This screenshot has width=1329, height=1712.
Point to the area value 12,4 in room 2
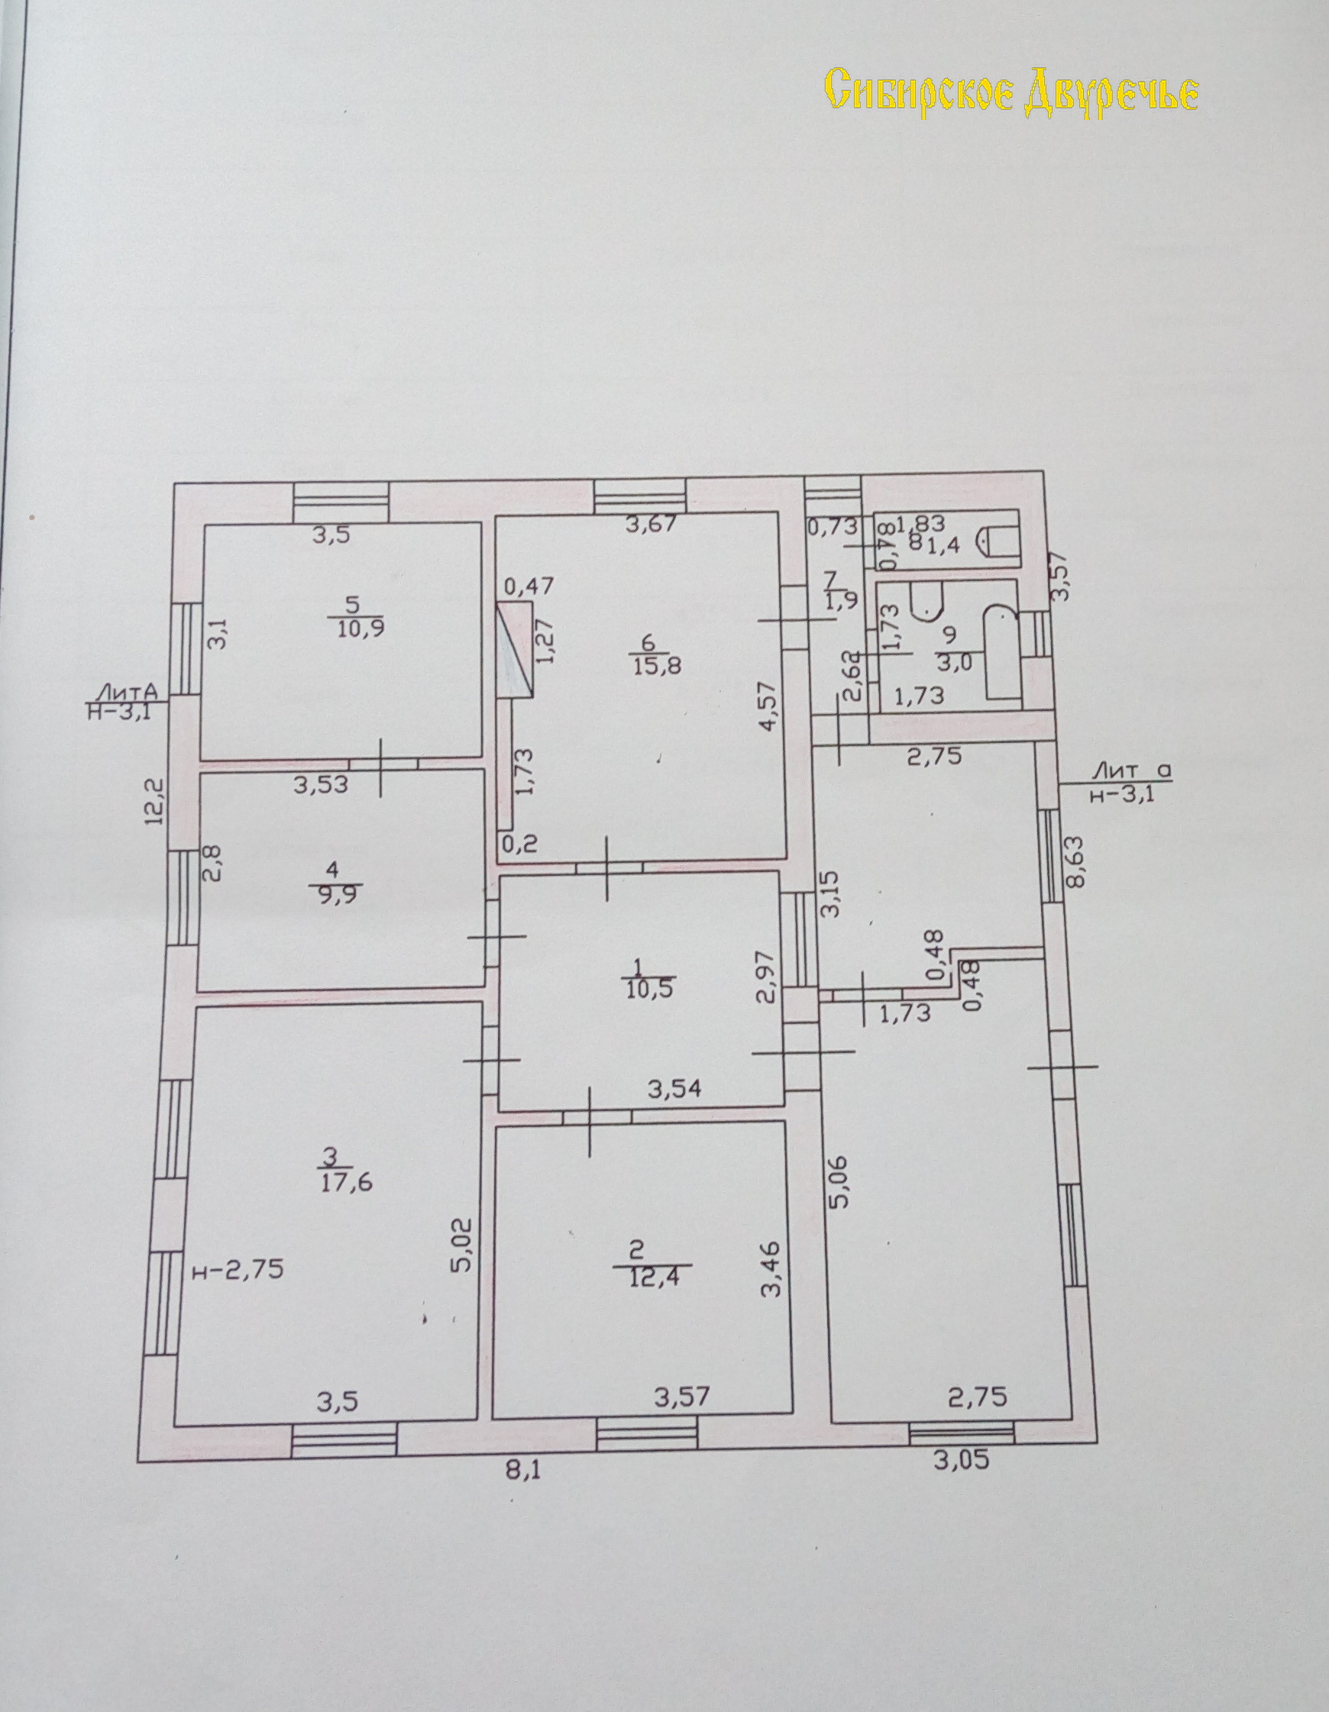coord(652,1278)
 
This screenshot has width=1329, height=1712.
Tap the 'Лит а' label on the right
coord(1131,771)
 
